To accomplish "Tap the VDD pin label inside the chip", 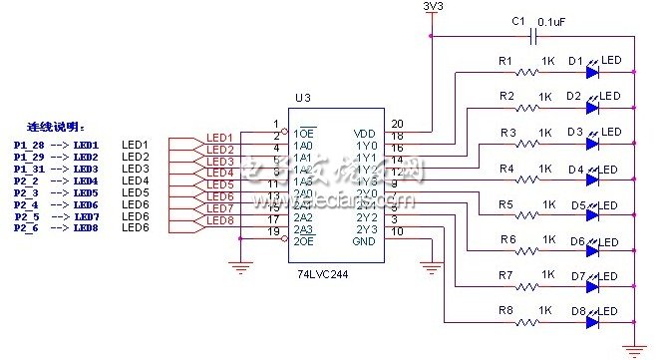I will point(365,134).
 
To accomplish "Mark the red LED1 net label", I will point(219,138).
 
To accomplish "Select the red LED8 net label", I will point(219,220).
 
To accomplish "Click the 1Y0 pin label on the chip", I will point(366,146).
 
